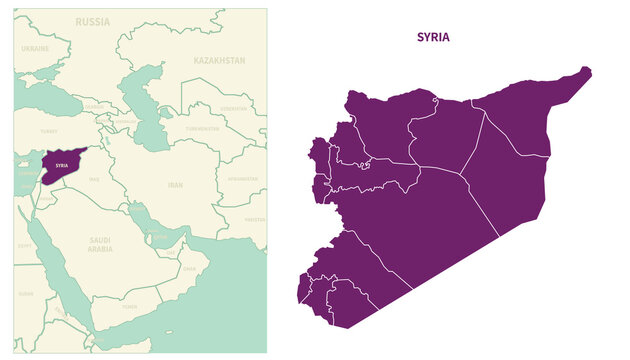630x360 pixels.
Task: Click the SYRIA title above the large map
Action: pyautogui.click(x=433, y=37)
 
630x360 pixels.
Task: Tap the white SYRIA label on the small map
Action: pyautogui.click(x=62, y=165)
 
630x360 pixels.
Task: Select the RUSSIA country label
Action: pyautogui.click(x=93, y=21)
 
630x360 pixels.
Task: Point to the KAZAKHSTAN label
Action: pyautogui.click(x=219, y=61)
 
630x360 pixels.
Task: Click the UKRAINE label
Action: pyautogui.click(x=35, y=48)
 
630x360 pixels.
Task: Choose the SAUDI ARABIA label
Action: pyautogui.click(x=101, y=244)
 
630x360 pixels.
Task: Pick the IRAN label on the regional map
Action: pyautogui.click(x=175, y=185)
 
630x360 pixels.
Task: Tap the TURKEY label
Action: pyautogui.click(x=49, y=131)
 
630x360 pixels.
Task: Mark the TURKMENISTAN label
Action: pyautogui.click(x=203, y=129)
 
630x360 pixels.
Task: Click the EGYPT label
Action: pyautogui.click(x=24, y=244)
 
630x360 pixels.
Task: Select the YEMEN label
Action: pyautogui.click(x=130, y=307)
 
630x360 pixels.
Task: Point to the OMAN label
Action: pyautogui.click(x=190, y=268)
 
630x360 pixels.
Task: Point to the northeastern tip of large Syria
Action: pyautogui.click(x=587, y=71)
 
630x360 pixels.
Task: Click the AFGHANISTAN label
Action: pyautogui.click(x=243, y=179)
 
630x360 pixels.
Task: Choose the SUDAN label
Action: pyautogui.click(x=25, y=294)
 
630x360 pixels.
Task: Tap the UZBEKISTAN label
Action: pyautogui.click(x=233, y=108)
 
